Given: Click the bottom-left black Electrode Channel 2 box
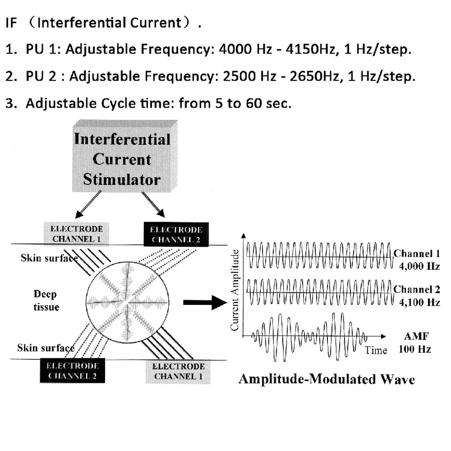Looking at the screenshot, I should (72, 371).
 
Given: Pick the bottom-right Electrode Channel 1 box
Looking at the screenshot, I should (178, 371).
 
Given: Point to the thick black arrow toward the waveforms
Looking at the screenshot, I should (204, 303).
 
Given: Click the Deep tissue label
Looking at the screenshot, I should (46, 301).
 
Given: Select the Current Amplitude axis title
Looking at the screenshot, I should (235, 289).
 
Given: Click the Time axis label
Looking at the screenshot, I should (375, 350).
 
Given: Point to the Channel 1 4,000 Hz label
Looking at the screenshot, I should (416, 260).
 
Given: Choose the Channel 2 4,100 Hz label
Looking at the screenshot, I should (416, 295).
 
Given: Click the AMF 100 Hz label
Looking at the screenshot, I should (414, 343).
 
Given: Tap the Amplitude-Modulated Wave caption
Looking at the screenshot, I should (327, 380).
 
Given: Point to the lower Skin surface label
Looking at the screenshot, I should (46, 348).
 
